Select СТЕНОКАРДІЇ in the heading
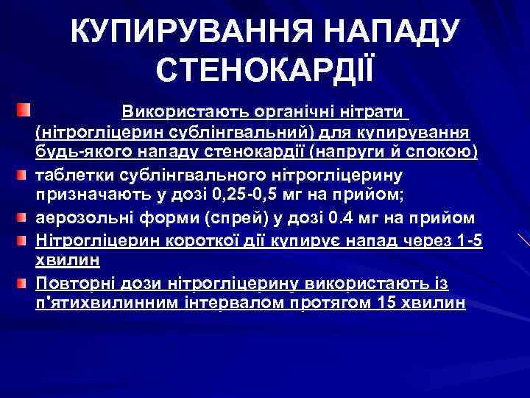(x=265, y=71)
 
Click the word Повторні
(x=72, y=284)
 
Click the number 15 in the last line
(x=391, y=303)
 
